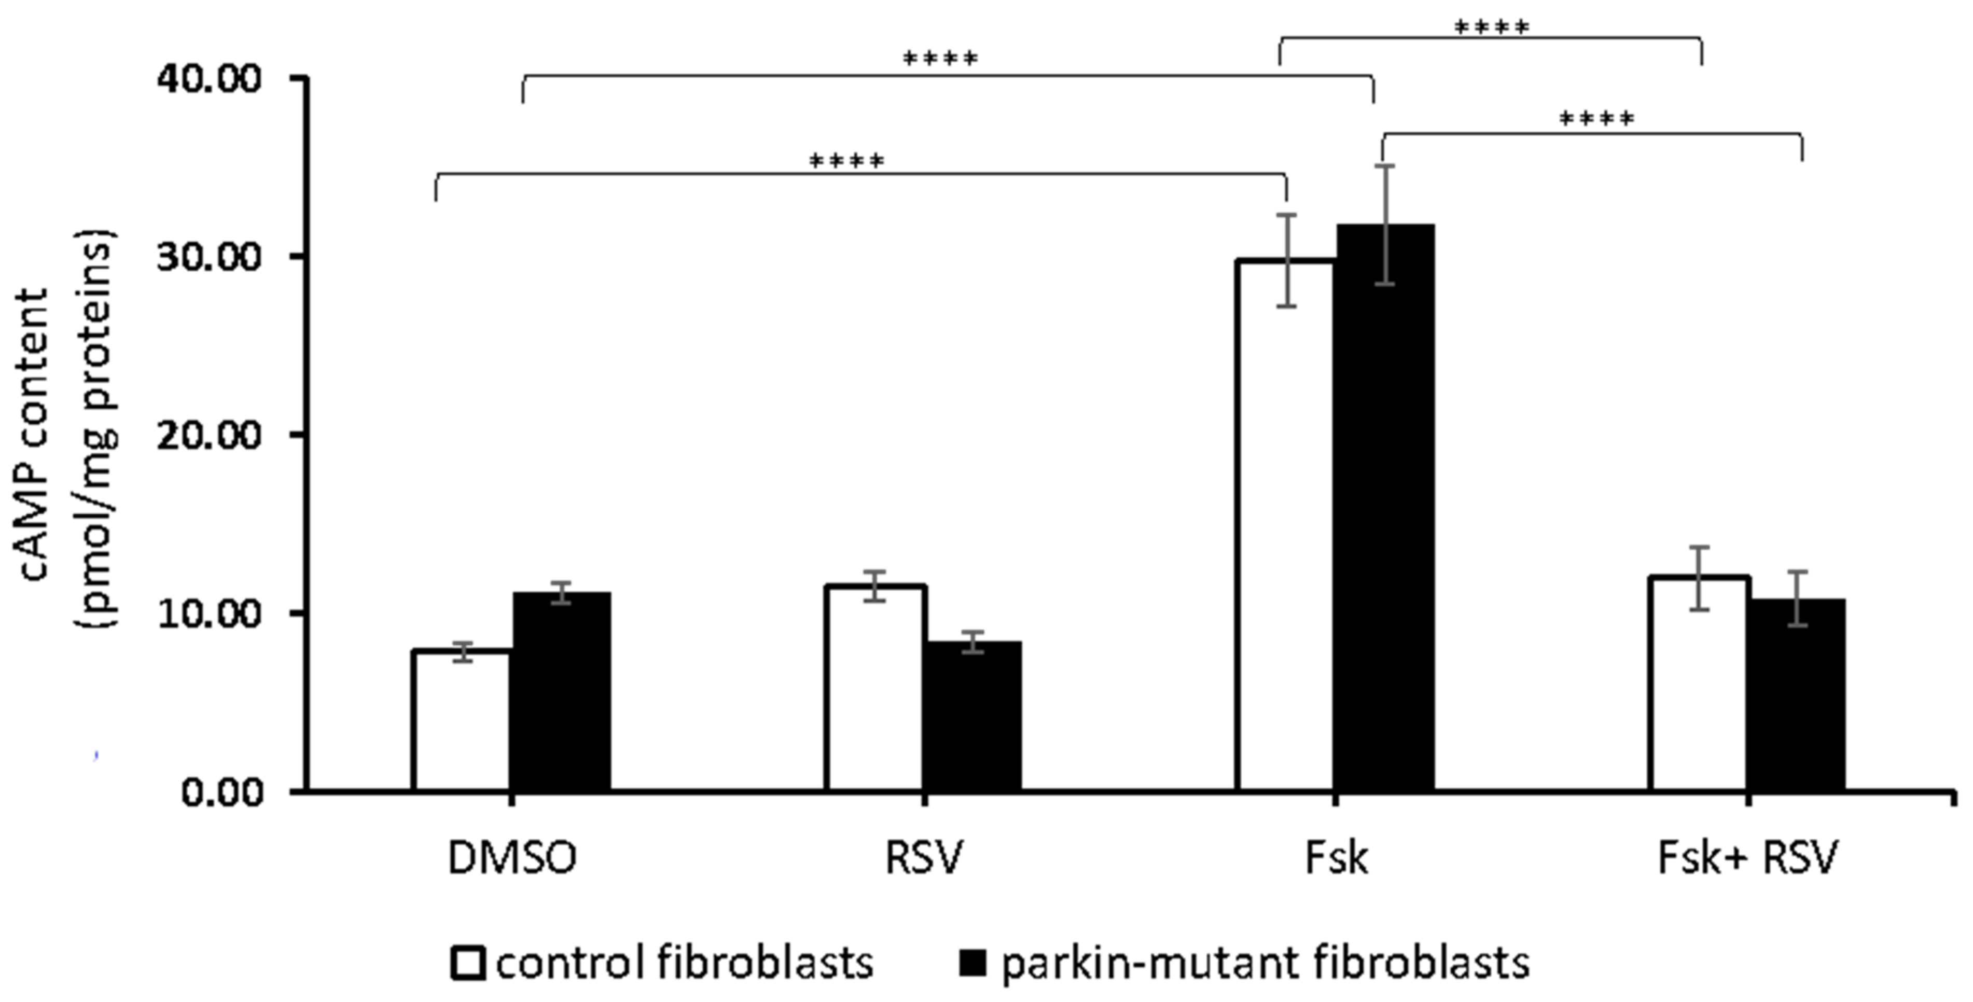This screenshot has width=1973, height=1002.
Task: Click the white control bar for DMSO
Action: point(462,720)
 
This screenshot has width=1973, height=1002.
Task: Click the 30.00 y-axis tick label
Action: point(209,257)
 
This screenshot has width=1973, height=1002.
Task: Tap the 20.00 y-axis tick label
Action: point(209,435)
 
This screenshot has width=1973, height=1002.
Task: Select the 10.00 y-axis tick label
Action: point(209,614)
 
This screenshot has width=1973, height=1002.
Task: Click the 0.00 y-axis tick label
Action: point(222,791)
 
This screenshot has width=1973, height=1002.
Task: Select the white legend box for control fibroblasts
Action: point(468,964)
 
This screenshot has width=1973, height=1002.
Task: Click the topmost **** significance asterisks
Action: point(1491,29)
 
